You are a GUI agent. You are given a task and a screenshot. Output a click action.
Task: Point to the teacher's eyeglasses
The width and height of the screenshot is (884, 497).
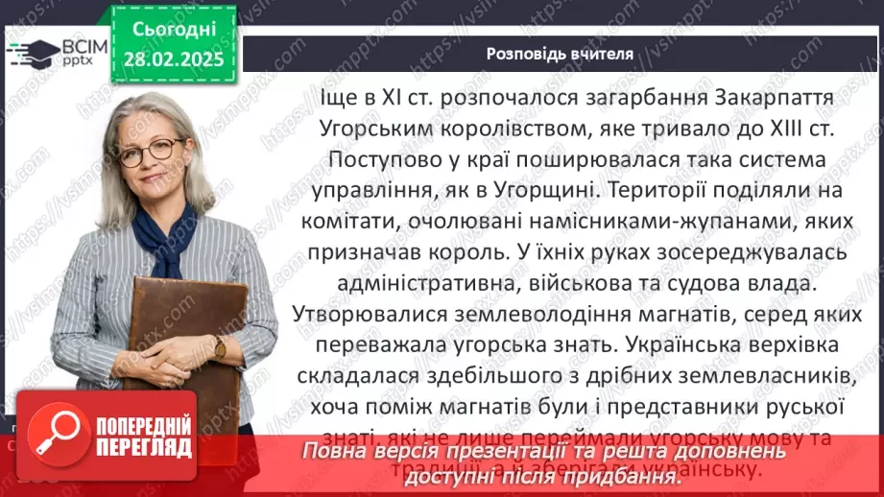(151, 149)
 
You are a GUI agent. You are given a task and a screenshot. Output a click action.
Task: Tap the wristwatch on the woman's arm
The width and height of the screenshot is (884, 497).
(220, 346)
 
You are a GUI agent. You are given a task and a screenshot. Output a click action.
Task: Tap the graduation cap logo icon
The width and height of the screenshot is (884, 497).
(34, 52)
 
